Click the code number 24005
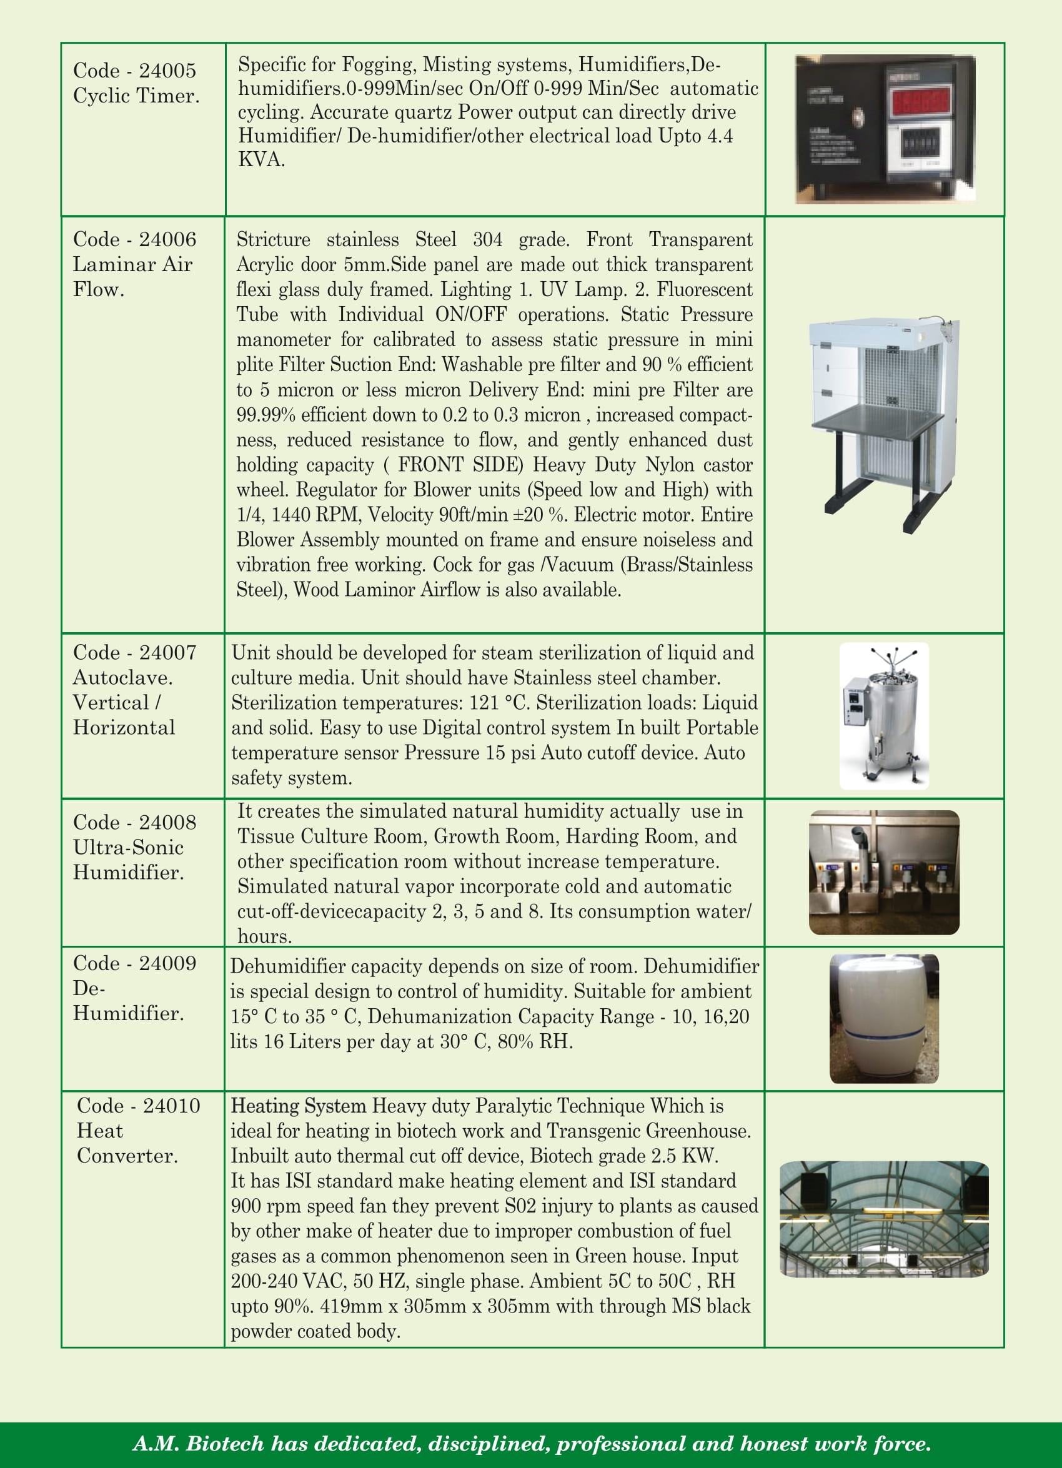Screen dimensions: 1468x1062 pyautogui.click(x=167, y=71)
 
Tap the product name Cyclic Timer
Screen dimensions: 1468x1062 pyautogui.click(x=136, y=96)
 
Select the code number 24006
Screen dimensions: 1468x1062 pyautogui.click(x=167, y=239)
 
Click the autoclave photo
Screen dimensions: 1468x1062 pyautogui.click(x=884, y=716)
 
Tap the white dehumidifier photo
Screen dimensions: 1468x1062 pyautogui.click(x=884, y=1018)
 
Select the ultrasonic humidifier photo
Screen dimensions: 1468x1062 pyautogui.click(x=884, y=872)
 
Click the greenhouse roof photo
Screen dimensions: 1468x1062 pyautogui.click(x=884, y=1219)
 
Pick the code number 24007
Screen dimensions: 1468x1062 pyautogui.click(x=167, y=652)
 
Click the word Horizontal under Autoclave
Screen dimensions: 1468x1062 pyautogui.click(x=124, y=728)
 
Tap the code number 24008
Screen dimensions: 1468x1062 pyautogui.click(x=167, y=823)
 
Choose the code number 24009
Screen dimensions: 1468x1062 pyautogui.click(x=167, y=963)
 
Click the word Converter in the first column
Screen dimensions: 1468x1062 pyautogui.click(x=127, y=1156)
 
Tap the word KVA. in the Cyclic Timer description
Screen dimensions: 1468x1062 pyautogui.click(x=262, y=160)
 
